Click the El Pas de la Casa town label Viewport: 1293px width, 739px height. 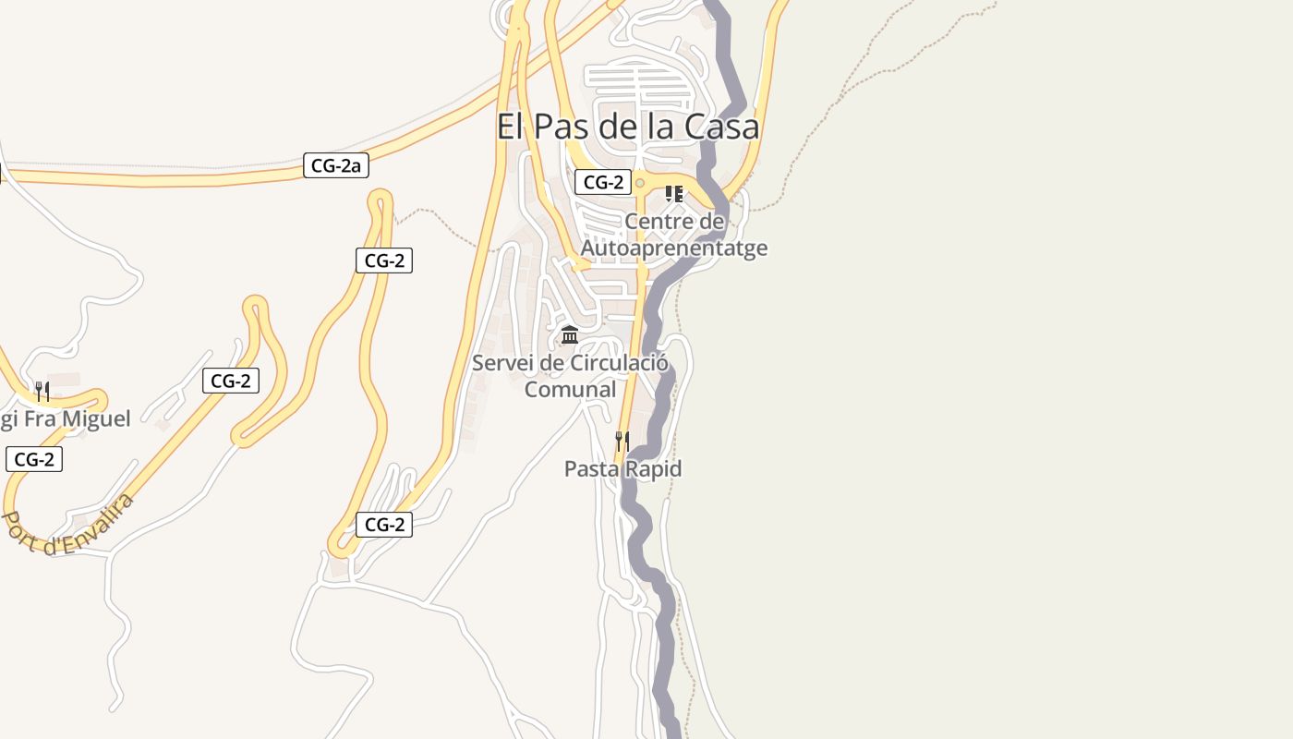click(628, 127)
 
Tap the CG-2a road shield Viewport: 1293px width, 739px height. click(336, 166)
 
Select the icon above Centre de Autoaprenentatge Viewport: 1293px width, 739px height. click(674, 194)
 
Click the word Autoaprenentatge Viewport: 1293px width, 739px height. click(673, 248)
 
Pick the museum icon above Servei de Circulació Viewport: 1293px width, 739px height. click(570, 334)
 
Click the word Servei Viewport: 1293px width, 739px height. click(502, 363)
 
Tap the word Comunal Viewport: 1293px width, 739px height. click(570, 390)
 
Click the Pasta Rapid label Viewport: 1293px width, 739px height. click(622, 469)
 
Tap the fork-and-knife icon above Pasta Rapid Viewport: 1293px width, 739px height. click(622, 441)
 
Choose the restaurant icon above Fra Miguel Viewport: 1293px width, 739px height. click(42, 391)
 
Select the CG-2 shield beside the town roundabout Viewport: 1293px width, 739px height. click(603, 182)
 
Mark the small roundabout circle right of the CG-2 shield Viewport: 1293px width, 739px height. click(639, 183)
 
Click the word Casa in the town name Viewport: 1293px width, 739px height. click(723, 127)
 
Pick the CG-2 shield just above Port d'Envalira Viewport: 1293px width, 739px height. click(34, 459)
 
